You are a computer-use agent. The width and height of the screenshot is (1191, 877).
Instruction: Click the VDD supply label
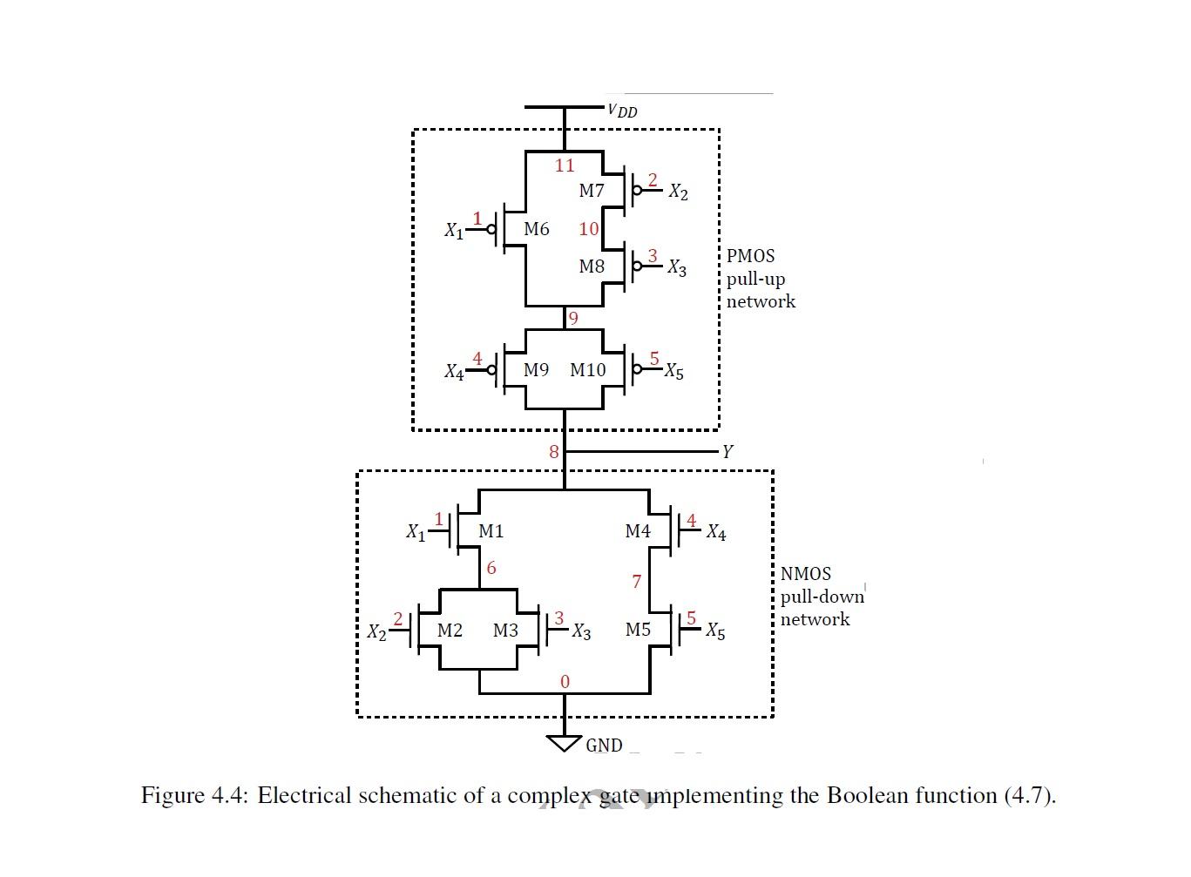pos(623,111)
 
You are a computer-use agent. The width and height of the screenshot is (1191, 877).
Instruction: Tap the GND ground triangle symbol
pos(564,743)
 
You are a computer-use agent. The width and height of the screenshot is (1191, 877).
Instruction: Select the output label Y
pos(727,451)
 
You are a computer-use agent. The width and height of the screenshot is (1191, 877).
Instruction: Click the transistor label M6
pos(536,229)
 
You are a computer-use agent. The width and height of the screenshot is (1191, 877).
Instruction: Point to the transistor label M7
pos(592,191)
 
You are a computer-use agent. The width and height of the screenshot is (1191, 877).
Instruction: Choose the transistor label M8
pos(592,266)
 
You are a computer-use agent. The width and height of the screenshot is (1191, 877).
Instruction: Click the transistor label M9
pos(536,370)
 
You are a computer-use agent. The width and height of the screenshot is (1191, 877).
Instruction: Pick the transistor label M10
pos(588,370)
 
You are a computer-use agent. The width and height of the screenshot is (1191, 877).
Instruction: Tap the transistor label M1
pos(491,530)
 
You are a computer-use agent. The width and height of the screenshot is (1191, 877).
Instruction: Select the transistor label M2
pos(450,630)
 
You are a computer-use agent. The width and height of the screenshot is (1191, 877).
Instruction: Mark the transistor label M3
pos(505,630)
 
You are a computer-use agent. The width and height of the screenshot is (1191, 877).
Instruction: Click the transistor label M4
pos(638,530)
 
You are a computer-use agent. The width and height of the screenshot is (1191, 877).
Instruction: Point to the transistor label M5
pos(638,629)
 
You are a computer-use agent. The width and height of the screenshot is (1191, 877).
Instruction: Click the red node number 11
pos(565,165)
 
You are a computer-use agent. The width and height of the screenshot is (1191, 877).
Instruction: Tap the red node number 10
pos(589,229)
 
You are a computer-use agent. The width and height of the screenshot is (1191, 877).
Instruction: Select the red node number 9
pos(572,318)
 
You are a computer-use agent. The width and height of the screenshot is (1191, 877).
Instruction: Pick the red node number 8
pos(553,451)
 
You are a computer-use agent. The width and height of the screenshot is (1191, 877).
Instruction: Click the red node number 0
pos(565,681)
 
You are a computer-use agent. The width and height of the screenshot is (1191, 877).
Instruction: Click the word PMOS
pos(750,256)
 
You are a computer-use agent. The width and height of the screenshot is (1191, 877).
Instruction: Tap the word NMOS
pos(805,574)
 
